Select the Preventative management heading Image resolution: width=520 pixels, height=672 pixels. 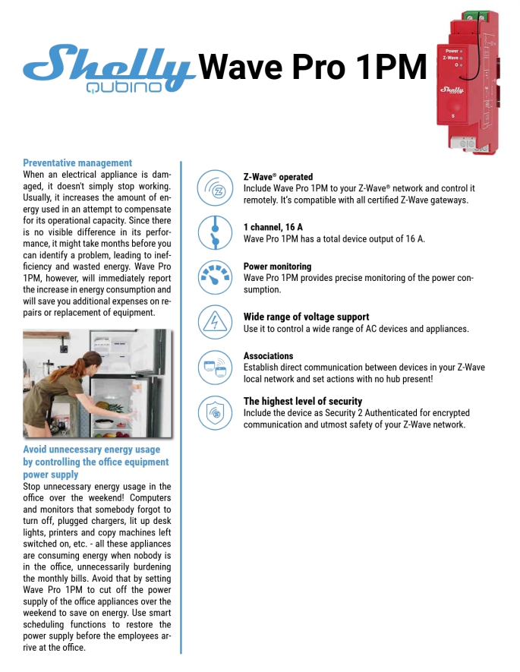click(77, 162)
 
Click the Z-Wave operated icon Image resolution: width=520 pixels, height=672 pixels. click(214, 188)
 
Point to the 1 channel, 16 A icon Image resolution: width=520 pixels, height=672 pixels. click(214, 232)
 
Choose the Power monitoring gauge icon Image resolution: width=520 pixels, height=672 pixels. click(214, 277)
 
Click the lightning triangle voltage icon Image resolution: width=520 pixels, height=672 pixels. click(214, 322)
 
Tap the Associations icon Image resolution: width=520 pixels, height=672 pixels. click(214, 368)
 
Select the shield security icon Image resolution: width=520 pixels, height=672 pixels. click(214, 412)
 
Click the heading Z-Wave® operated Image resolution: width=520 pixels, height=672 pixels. click(278, 177)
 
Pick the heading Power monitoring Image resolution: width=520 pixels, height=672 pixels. click(277, 267)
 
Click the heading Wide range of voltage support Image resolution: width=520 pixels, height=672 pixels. click(306, 317)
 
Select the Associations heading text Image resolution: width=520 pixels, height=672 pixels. click(268, 356)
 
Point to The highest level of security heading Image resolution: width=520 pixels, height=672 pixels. click(302, 401)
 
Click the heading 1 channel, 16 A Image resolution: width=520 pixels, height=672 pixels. click(273, 227)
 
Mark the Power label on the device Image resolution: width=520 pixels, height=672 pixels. click(452, 51)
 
